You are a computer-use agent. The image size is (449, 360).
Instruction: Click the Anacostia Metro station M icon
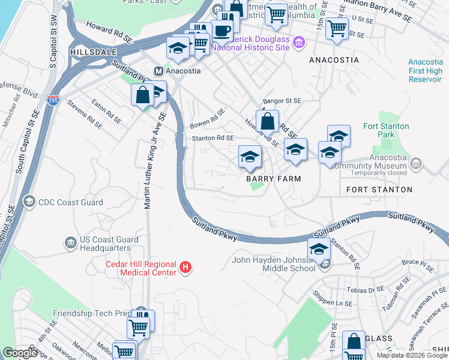pyautogui.click(x=160, y=70)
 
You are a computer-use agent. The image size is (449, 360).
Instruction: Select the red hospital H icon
pyautogui.click(x=185, y=267)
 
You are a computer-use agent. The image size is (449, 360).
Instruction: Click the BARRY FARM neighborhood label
pyautogui.click(x=272, y=179)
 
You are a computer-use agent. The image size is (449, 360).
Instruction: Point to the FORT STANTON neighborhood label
pyautogui.click(x=379, y=190)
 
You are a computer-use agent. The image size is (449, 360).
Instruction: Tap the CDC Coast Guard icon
pyautogui.click(x=28, y=202)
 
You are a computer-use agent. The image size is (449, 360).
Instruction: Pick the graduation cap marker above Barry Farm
pyautogui.click(x=250, y=157)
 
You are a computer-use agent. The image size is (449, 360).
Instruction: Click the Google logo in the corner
pyautogui.click(x=20, y=353)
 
